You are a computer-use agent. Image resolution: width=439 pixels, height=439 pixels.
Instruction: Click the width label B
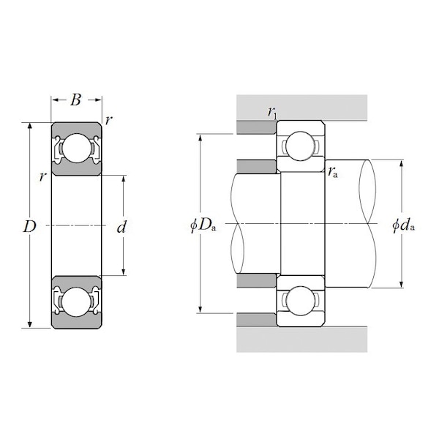point(75,100)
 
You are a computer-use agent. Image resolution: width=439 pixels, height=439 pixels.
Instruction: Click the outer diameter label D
point(29,227)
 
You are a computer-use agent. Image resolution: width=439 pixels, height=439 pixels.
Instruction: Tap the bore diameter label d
point(122,227)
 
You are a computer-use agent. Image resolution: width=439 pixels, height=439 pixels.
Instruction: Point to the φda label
point(403,225)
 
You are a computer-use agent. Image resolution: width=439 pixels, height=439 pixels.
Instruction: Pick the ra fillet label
point(334,173)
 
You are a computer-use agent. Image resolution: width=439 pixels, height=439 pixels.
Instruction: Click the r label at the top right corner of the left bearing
point(108,121)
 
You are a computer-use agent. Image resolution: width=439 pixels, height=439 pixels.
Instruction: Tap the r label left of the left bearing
point(43,176)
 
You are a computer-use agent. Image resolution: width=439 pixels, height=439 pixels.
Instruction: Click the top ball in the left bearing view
point(75,149)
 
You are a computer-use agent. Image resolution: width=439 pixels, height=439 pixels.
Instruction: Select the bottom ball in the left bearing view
point(75,301)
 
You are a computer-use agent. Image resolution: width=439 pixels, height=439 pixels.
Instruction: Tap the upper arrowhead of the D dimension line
point(30,126)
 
